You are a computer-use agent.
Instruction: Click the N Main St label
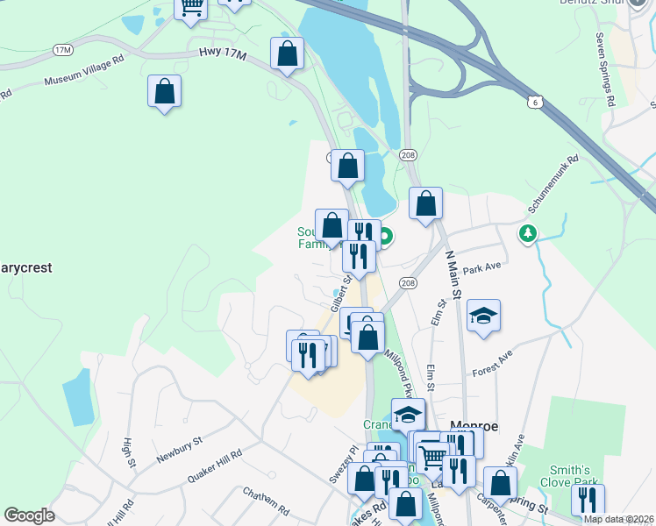click(x=453, y=272)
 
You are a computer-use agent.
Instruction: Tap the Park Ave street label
click(x=481, y=270)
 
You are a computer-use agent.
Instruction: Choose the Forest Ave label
click(x=492, y=360)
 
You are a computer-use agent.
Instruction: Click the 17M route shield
click(x=62, y=50)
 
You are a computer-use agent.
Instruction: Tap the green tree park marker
click(x=527, y=233)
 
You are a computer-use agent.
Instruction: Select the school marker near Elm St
click(x=482, y=316)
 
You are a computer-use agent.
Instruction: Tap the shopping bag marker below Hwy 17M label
click(x=164, y=90)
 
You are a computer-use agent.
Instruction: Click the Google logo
click(x=29, y=515)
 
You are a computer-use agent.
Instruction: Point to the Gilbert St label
click(x=341, y=292)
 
